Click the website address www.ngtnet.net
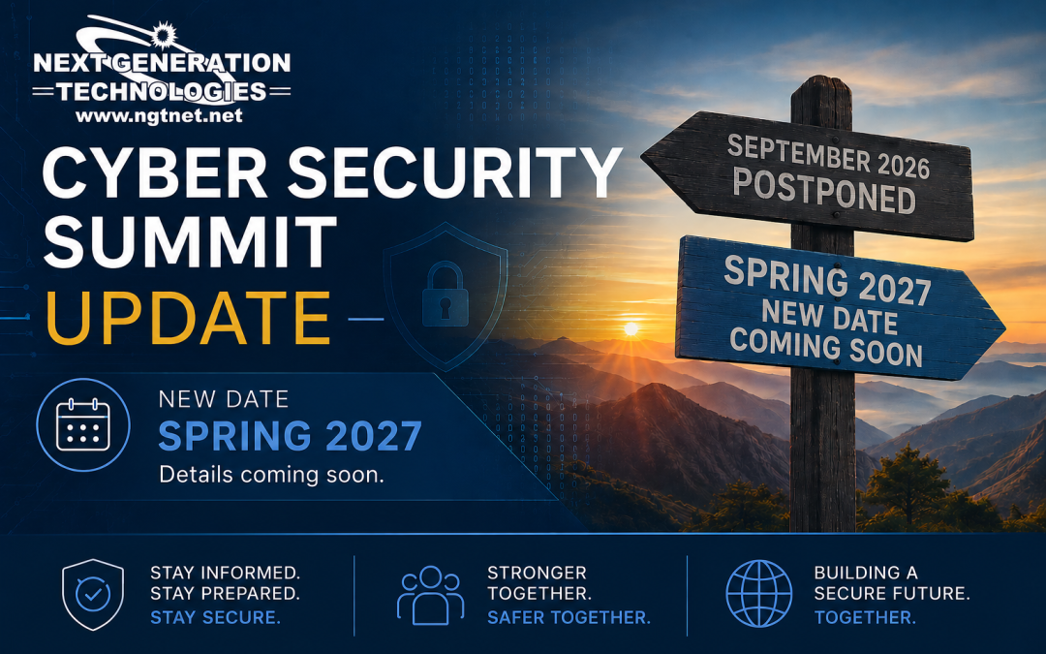[x=159, y=115]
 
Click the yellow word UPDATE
[x=188, y=319]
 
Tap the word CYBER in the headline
[x=155, y=172]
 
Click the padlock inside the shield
[x=445, y=295]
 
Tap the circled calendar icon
[x=83, y=424]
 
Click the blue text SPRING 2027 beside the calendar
[x=290, y=436]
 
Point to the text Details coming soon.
[x=271, y=475]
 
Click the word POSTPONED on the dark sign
[x=824, y=190]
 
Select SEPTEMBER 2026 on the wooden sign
[x=828, y=156]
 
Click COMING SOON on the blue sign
[x=826, y=346]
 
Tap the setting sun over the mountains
[x=631, y=328]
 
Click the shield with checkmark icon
[x=93, y=594]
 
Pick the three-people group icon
[x=430, y=595]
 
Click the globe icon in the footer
[x=759, y=594]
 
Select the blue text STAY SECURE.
[x=215, y=617]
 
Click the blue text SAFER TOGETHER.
[x=569, y=617]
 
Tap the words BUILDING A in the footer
[x=866, y=573]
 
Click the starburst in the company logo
[x=164, y=35]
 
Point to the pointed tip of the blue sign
[x=1004, y=327]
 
